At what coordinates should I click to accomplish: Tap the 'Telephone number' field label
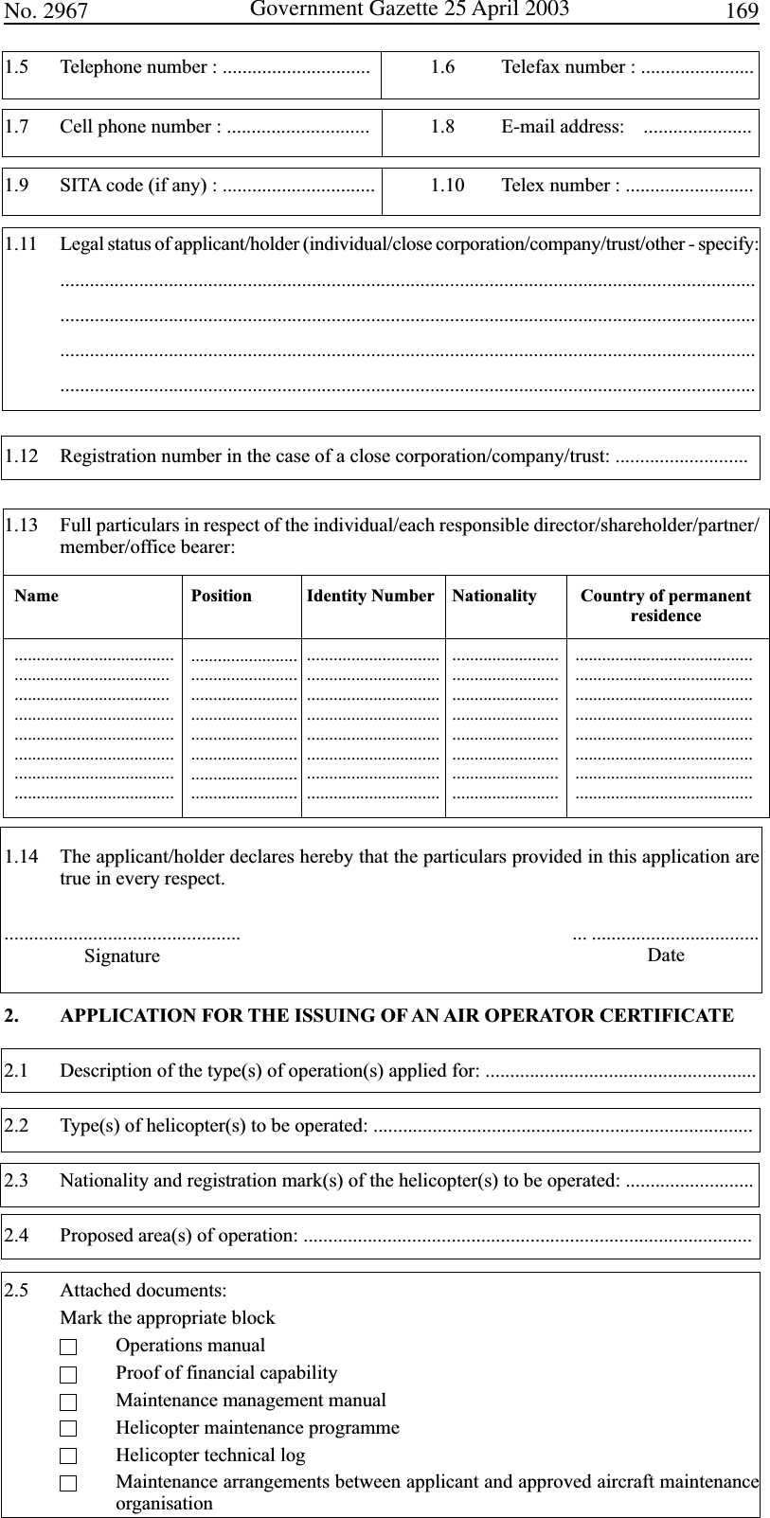[136, 67]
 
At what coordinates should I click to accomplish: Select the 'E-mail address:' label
[562, 127]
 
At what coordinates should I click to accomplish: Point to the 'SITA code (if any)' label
[134, 186]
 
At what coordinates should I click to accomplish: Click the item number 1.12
[21, 456]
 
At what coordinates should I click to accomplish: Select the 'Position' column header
[222, 596]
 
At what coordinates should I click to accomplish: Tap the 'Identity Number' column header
[370, 596]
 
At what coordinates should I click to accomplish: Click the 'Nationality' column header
[494, 596]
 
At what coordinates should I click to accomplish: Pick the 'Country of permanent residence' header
[666, 605]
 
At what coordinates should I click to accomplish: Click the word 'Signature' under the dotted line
[122, 956]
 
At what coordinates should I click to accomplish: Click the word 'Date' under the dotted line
[666, 955]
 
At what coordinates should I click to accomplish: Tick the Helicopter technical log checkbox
[67, 1456]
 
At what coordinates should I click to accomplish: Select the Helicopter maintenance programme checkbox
[67, 1429]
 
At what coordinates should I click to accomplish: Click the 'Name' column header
[36, 596]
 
